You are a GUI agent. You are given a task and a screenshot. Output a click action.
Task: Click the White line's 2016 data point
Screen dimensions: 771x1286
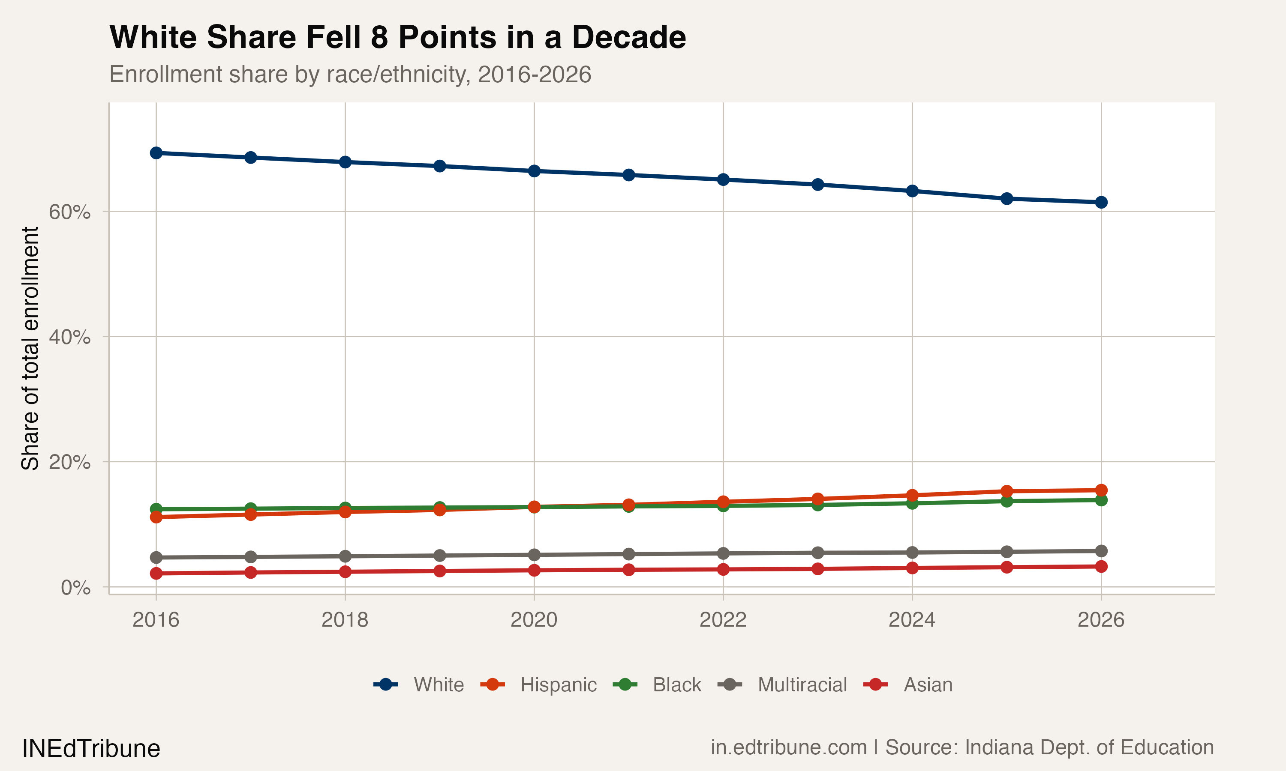click(x=156, y=153)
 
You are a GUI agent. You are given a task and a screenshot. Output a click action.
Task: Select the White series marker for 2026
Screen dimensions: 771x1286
click(x=1101, y=202)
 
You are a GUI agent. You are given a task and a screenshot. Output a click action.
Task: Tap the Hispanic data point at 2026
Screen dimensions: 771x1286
click(x=1101, y=490)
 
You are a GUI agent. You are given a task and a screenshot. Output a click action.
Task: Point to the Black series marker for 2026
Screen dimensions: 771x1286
click(x=1101, y=500)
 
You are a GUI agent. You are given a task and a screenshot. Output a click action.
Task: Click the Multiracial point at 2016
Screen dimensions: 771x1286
click(x=156, y=557)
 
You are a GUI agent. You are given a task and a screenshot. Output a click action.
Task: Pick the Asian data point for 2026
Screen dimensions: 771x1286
click(x=1101, y=566)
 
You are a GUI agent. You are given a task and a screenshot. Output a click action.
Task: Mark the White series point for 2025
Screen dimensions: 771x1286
click(x=1007, y=198)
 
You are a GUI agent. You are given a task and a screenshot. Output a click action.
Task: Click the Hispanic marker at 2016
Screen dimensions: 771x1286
click(x=156, y=517)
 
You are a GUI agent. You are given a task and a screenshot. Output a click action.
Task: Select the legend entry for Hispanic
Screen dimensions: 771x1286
click(x=558, y=685)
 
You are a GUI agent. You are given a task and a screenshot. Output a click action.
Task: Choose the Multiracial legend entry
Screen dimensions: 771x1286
click(x=802, y=685)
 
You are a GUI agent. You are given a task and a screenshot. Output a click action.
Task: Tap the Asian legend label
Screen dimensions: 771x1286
click(x=928, y=685)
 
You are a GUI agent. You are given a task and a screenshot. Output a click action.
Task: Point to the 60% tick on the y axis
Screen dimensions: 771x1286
click(x=69, y=212)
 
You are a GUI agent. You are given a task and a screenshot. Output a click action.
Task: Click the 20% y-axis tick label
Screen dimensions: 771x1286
click(x=69, y=462)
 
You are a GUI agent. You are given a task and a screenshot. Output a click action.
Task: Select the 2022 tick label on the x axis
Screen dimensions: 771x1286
click(x=723, y=620)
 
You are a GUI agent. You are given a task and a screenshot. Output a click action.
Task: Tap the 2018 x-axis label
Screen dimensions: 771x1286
click(x=345, y=620)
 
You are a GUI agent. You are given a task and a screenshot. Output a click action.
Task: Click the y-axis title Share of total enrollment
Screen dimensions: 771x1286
click(x=30, y=348)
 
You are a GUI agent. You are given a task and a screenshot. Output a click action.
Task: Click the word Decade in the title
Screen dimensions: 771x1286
click(x=628, y=37)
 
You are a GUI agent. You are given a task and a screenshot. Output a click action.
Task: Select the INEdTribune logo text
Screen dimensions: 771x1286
click(x=91, y=749)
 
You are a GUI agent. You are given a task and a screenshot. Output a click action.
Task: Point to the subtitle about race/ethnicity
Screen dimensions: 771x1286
click(x=350, y=74)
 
